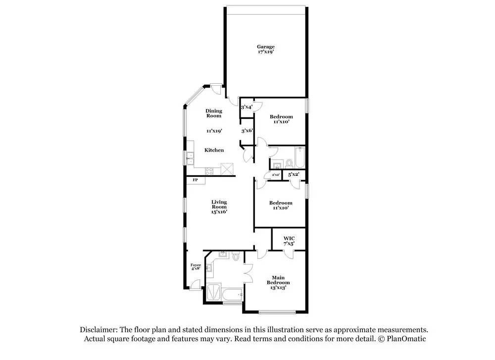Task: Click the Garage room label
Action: [265, 47]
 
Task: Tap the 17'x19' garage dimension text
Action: [265, 51]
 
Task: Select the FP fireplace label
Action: [195, 180]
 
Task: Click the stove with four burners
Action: [209, 172]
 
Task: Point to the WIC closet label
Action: [289, 238]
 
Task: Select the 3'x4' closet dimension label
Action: [247, 107]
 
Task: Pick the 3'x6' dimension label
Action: [247, 131]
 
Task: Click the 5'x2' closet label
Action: [294, 174]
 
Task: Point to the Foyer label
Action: [196, 265]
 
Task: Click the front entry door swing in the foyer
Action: [196, 284]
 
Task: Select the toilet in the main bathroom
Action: [236, 257]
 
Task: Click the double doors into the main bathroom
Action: [248, 272]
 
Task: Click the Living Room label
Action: [219, 205]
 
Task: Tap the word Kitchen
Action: [214, 150]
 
